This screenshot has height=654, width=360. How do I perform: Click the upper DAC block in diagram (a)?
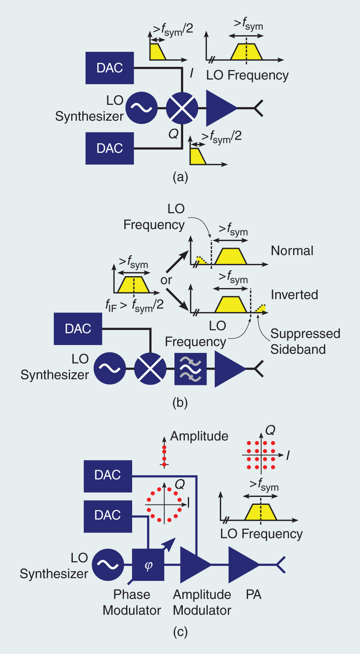(110, 68)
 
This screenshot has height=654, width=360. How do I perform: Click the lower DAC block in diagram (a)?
(110, 148)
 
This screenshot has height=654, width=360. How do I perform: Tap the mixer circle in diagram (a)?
(182, 108)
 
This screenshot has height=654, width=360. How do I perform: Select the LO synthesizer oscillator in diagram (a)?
(141, 108)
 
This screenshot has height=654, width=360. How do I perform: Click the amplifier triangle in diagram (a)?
(220, 108)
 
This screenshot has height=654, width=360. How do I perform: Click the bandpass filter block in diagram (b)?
(190, 369)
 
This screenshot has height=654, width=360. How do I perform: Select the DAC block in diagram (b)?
(78, 329)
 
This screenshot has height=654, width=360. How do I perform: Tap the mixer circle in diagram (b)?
(150, 369)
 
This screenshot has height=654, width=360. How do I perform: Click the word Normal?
(292, 251)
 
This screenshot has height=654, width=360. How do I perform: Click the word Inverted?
(294, 295)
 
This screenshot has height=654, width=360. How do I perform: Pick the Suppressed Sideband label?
(305, 341)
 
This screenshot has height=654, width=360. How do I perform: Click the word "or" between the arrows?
(166, 280)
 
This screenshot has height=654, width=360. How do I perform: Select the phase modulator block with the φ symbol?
(148, 565)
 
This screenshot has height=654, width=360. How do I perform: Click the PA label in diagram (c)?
(254, 595)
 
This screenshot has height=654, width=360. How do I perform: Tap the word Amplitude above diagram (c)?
(199, 436)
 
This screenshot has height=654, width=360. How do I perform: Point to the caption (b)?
(180, 403)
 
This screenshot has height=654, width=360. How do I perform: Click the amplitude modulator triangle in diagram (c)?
(194, 565)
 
